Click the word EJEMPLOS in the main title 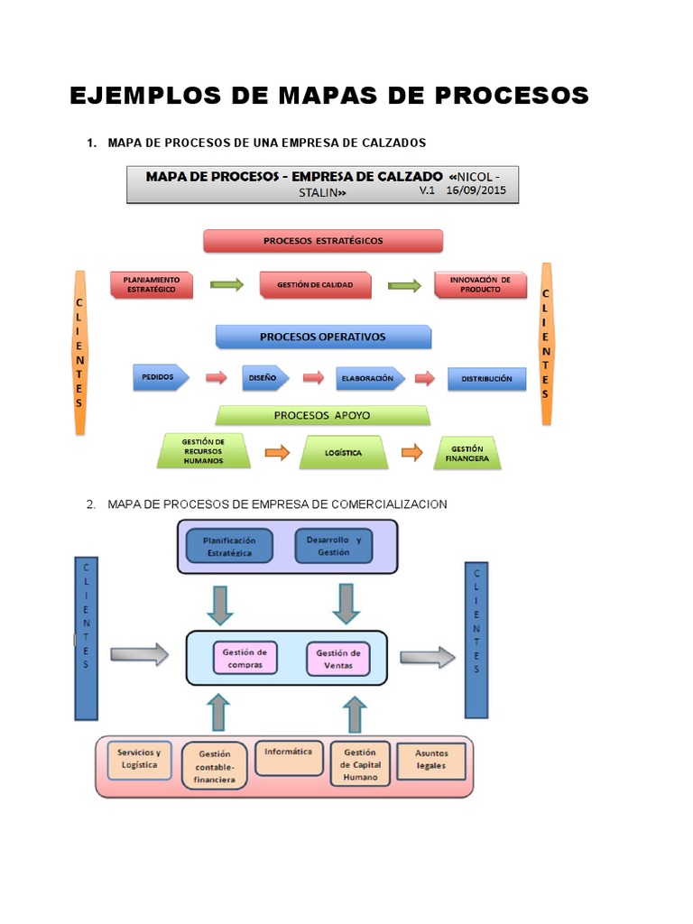(x=132, y=95)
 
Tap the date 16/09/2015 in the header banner (x=477, y=191)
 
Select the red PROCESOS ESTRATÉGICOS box (x=323, y=241)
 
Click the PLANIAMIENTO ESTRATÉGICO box (x=152, y=285)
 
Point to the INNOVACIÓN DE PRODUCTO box (x=479, y=285)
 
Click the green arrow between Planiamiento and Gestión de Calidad (x=226, y=285)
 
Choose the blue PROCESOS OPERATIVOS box (x=323, y=337)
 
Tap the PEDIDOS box (x=161, y=378)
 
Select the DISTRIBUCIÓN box (x=486, y=379)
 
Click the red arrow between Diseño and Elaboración (x=313, y=378)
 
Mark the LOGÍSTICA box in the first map (x=343, y=453)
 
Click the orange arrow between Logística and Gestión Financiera (x=411, y=452)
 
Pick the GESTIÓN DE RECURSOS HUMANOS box (x=203, y=450)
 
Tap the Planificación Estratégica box (x=229, y=546)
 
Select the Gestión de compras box (x=245, y=658)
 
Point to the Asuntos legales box (x=430, y=759)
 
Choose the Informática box (x=289, y=757)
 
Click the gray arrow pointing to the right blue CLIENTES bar (x=428, y=658)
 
